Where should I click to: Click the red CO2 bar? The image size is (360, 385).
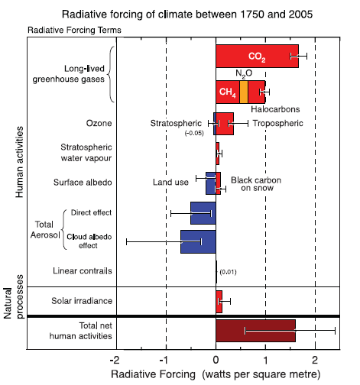click(257, 57)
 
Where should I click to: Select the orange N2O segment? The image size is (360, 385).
click(244, 92)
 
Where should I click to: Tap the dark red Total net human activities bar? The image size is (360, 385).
click(255, 331)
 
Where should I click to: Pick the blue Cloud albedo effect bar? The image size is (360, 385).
click(198, 241)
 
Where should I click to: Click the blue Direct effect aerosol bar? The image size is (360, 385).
click(203, 213)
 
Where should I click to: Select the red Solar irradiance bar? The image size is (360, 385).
click(219, 302)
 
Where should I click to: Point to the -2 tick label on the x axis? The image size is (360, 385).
click(115, 360)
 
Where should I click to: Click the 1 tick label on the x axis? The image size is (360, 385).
click(265, 360)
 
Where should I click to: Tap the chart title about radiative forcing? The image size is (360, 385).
click(187, 15)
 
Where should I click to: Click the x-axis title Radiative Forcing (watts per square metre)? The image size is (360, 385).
click(216, 374)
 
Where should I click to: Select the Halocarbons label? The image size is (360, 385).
click(275, 109)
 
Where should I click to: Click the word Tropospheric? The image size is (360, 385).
click(277, 124)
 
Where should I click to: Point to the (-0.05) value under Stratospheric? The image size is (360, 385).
click(194, 133)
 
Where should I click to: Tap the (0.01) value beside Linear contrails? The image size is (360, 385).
click(228, 272)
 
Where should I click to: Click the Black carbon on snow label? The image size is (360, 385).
click(256, 184)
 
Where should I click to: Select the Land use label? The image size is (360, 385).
click(170, 183)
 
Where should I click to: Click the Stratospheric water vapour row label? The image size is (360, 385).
click(86, 153)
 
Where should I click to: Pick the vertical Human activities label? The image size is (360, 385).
click(19, 162)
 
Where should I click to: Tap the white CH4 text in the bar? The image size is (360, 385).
click(228, 92)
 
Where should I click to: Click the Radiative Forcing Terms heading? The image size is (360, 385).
click(74, 30)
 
